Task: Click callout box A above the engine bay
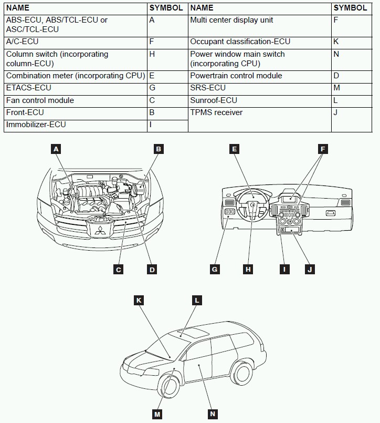pos(56,149)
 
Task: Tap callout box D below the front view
pos(152,270)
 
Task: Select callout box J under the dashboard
pos(310,270)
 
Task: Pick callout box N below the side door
pos(213,414)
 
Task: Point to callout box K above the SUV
pos(139,301)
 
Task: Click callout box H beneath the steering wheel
pos(248,270)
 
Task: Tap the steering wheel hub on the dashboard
pos(252,205)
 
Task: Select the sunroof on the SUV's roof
pos(191,332)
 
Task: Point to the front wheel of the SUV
pos(169,388)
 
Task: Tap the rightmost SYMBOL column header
pos(350,8)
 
